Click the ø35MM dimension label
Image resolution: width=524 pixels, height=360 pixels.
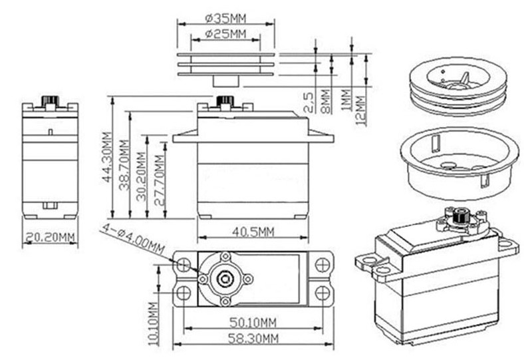(x=225, y=19)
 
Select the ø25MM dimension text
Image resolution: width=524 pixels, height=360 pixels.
(x=225, y=34)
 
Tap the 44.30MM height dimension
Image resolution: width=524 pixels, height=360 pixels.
(x=107, y=158)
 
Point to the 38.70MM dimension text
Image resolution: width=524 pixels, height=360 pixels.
(x=124, y=164)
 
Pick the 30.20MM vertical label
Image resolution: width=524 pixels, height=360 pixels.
(x=141, y=176)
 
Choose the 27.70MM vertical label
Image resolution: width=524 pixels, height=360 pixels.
(x=160, y=180)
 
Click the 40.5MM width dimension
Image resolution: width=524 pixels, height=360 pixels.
(x=253, y=232)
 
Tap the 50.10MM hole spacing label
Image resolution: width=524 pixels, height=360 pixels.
(x=253, y=323)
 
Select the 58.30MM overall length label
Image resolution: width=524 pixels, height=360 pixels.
(x=253, y=339)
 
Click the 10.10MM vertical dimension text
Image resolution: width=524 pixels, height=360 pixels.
(x=152, y=323)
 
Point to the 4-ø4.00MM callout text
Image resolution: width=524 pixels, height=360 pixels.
(x=133, y=239)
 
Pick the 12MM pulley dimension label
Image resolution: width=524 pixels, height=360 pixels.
(x=360, y=110)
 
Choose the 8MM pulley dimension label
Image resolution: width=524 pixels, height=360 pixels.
(x=325, y=101)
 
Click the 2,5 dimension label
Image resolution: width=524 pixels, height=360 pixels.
(x=308, y=102)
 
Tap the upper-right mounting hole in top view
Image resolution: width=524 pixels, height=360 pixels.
(x=322, y=265)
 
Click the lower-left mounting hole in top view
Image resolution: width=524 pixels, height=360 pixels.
(x=184, y=293)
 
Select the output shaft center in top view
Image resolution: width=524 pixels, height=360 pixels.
(x=224, y=278)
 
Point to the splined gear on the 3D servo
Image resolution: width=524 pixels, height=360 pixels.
(x=461, y=217)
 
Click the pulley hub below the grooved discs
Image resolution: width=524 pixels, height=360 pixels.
(x=226, y=81)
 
